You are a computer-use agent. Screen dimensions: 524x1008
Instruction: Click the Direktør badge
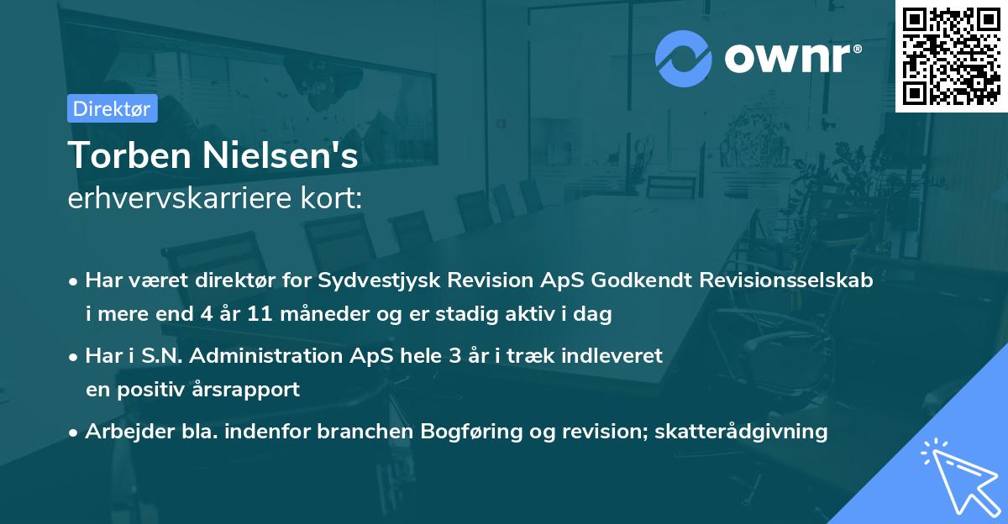tap(112, 108)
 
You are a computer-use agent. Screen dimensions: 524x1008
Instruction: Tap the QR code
tap(950, 55)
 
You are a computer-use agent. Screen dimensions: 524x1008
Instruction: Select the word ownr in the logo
tap(791, 58)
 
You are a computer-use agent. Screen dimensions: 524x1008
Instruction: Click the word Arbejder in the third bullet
tap(122, 432)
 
